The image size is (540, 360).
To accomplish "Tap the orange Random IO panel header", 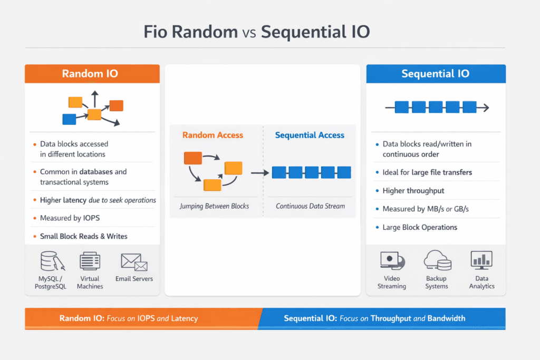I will coord(92,74).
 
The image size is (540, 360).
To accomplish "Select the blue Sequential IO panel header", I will coord(436,74).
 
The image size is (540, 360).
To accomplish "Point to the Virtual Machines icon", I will coord(90,261).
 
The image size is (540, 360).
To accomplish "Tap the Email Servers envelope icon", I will coord(133,261).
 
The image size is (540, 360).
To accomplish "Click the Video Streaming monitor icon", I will coord(391,261).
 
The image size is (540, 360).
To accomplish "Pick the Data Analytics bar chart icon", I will coord(481,260).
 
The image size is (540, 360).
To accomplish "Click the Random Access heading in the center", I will coord(213,135).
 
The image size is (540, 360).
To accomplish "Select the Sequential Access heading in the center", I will coord(310,135).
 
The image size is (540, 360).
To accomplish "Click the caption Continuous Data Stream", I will coord(310,206).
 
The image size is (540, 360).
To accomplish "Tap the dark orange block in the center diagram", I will coord(192,158).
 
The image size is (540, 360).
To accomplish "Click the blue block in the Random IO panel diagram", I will coord(69,119).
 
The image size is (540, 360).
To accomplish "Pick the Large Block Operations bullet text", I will coord(420,227).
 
